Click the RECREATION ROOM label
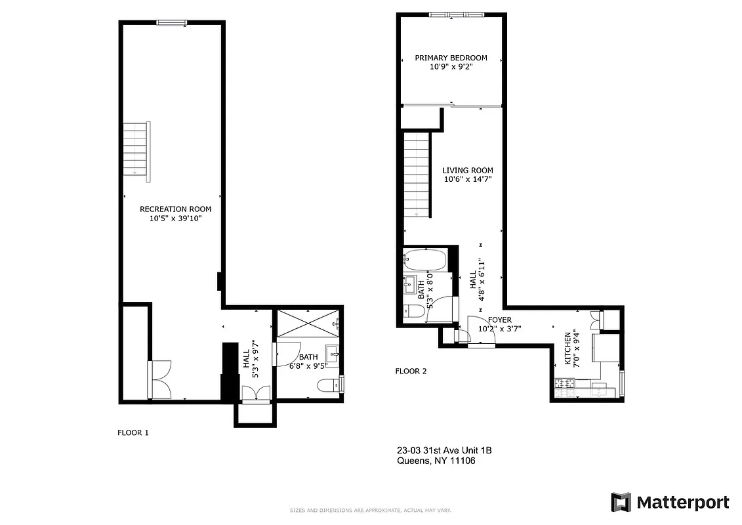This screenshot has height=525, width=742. point(175,209)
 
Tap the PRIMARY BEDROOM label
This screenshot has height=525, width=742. point(451,58)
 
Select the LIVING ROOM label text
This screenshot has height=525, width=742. point(467,171)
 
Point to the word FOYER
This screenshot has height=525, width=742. point(495,320)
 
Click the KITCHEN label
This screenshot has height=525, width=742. point(568,348)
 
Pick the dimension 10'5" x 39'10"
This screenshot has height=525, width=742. point(175,219)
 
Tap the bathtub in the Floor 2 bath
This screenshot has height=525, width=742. point(425,260)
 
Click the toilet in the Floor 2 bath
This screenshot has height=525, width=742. point(413,311)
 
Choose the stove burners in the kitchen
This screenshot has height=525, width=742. point(564,387)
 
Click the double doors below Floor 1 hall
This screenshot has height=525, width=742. point(255,392)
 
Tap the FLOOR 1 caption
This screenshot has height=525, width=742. point(133,432)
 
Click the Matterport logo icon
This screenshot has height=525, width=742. point(621,502)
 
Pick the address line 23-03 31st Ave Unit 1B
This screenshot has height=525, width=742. point(444,450)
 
